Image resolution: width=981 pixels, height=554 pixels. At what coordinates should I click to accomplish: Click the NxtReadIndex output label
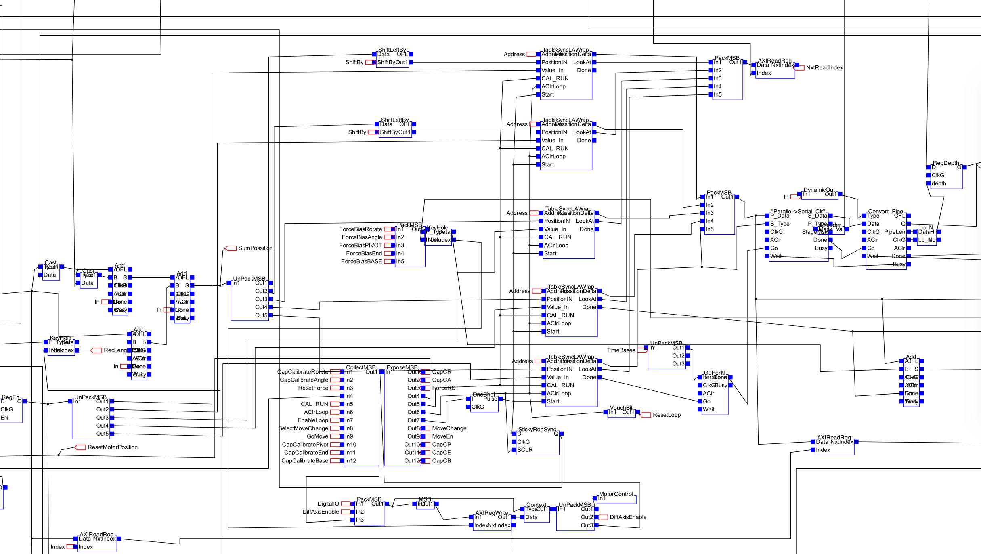[824, 68]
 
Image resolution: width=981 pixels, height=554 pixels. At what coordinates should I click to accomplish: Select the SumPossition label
[255, 248]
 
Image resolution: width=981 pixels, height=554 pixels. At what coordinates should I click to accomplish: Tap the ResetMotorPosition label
[112, 447]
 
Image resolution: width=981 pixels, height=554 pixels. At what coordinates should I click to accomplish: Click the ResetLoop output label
[667, 415]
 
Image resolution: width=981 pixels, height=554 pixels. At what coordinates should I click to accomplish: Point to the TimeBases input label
[621, 350]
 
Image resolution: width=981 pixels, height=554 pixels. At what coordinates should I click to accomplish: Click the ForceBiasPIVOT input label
[360, 246]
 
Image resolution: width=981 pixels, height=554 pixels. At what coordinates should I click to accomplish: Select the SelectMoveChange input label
[303, 428]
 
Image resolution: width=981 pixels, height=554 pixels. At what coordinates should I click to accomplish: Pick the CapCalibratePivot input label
[305, 445]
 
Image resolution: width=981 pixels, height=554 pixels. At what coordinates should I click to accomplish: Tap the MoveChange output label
[449, 428]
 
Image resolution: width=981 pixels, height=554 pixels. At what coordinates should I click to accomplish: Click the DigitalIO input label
[328, 504]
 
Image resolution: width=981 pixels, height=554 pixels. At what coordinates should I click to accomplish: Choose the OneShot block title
[483, 395]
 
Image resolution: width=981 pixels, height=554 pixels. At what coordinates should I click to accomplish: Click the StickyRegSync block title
[537, 430]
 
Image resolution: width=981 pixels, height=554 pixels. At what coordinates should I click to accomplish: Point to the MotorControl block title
[616, 494]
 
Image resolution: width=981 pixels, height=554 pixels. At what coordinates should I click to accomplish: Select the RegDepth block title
[945, 163]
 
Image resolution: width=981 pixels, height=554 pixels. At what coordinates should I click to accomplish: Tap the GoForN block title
[714, 373]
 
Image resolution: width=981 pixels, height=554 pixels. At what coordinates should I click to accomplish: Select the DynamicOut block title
[819, 190]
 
